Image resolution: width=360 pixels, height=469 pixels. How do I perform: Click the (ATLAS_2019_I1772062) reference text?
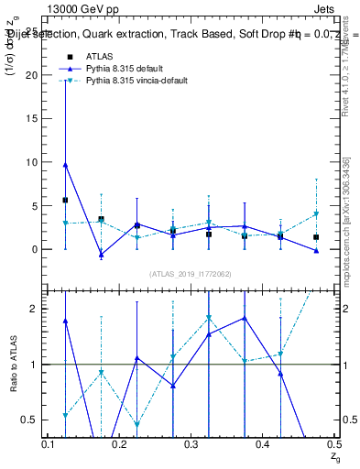click(x=191, y=274)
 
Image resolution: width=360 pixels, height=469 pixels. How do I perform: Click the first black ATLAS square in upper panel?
click(x=65, y=200)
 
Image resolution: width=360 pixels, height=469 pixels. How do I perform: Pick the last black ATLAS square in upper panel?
click(x=316, y=237)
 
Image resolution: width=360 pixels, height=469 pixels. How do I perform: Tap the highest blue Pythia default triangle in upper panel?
click(x=65, y=165)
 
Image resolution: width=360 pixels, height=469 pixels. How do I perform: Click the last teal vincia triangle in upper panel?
click(x=316, y=213)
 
